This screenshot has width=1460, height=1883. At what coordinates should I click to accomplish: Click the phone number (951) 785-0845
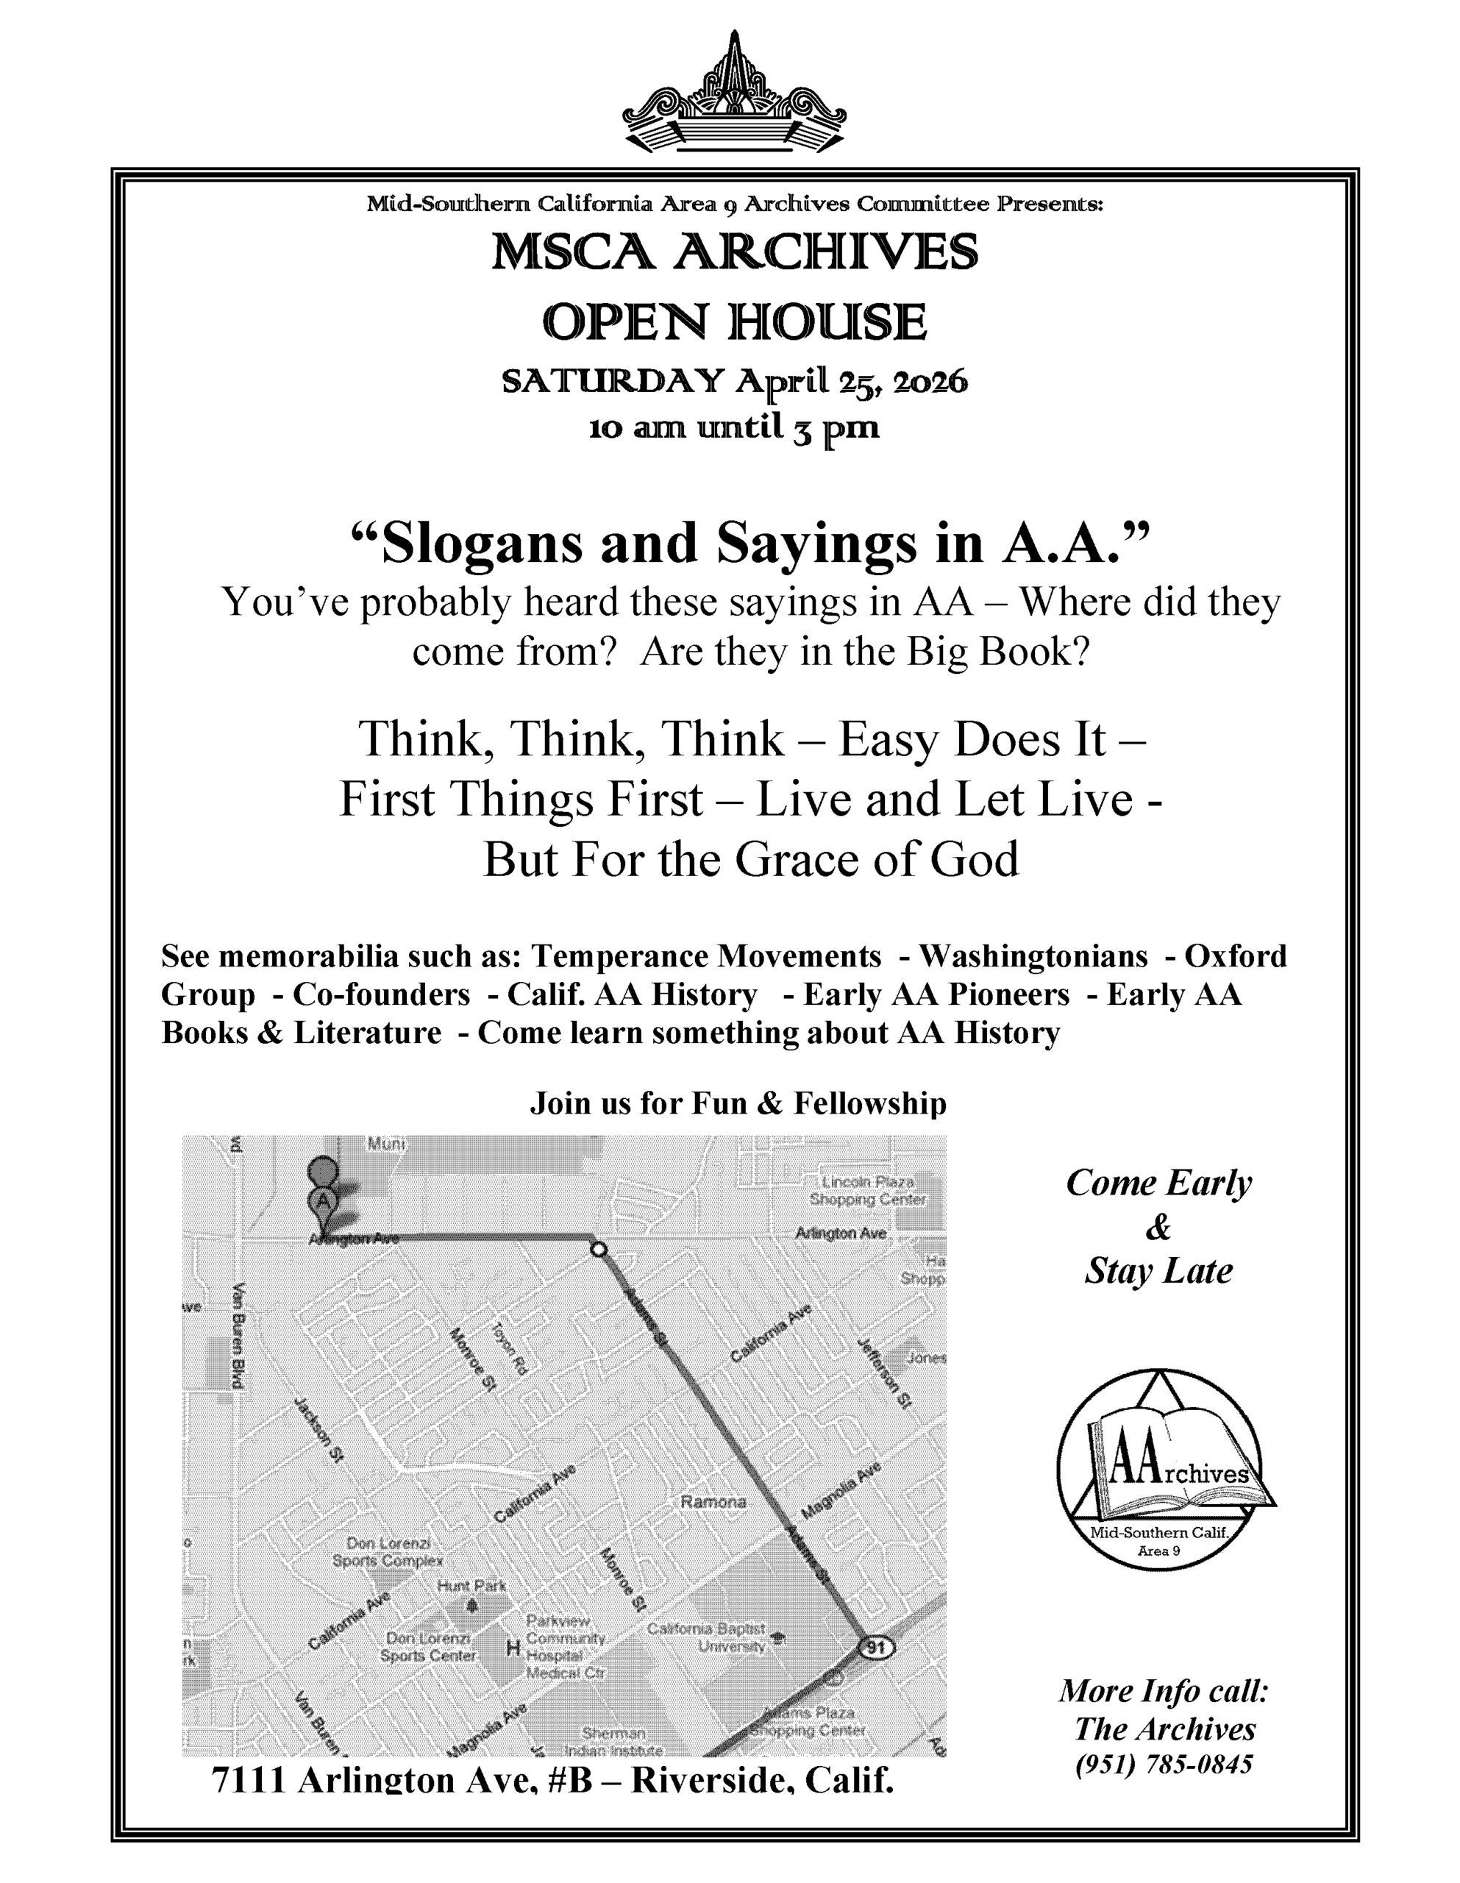(x=1164, y=1764)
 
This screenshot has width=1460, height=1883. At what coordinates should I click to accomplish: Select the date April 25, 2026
(x=850, y=381)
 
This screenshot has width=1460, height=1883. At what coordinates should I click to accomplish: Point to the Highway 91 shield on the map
(x=876, y=1648)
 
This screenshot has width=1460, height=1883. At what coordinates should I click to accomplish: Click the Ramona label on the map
(x=713, y=1501)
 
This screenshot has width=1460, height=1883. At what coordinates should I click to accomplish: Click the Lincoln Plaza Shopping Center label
(x=866, y=1190)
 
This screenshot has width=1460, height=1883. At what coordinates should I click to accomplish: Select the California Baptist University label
(x=707, y=1637)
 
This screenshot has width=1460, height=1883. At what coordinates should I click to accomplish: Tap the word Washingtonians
(x=1033, y=956)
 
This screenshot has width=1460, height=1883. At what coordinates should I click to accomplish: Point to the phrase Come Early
(x=1158, y=1183)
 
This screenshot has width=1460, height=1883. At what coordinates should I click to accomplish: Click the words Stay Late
(x=1158, y=1271)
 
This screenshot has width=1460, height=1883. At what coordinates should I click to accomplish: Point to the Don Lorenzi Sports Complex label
(x=388, y=1551)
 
